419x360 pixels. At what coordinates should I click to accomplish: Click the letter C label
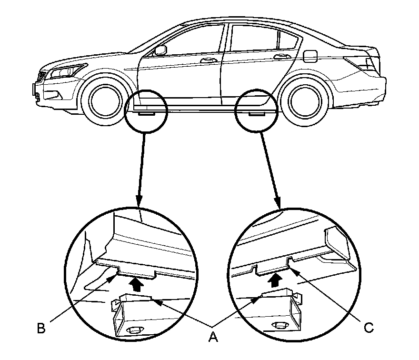(368, 328)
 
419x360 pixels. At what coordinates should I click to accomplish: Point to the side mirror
(160, 50)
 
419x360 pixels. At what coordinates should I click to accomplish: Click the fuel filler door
(310, 56)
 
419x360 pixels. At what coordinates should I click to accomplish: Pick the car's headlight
(62, 72)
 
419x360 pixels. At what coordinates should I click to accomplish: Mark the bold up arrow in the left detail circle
(138, 284)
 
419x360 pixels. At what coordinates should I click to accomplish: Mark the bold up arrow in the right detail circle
(275, 280)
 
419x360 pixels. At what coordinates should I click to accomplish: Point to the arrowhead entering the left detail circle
(138, 202)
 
